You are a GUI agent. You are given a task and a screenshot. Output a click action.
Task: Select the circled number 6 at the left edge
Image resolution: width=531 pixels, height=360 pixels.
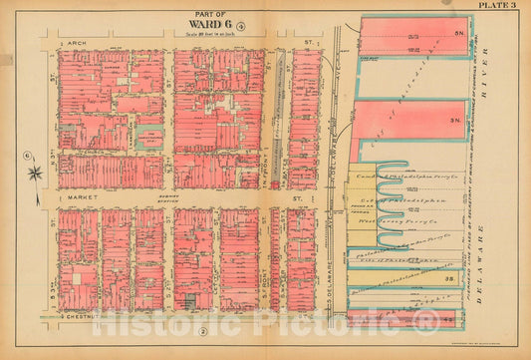pyautogui.click(x=23, y=155)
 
